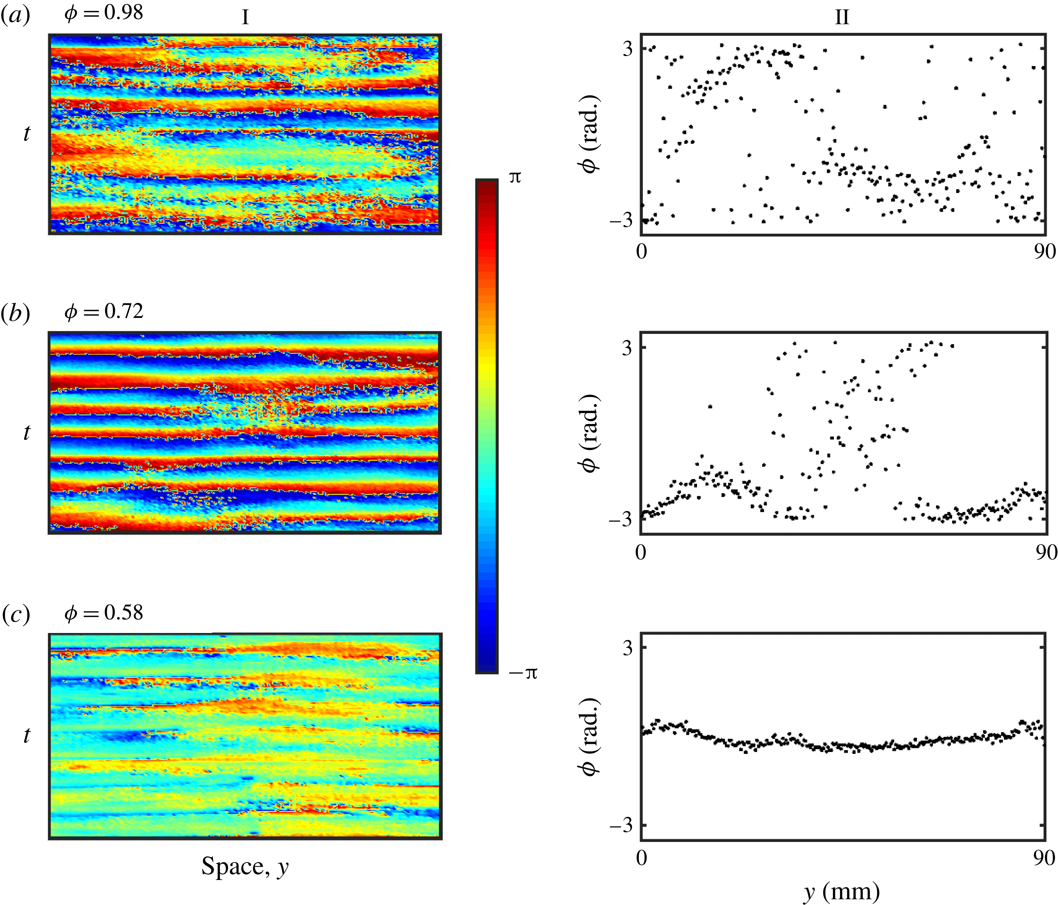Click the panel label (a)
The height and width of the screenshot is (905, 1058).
point(15,15)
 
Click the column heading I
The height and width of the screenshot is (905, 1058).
point(245,18)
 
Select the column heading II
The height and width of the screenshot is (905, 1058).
point(842,18)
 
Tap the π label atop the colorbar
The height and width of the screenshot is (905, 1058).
point(515,177)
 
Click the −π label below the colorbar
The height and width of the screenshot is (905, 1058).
point(523,673)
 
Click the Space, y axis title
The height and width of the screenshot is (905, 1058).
point(245,866)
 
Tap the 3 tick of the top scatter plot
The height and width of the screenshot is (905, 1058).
point(627,49)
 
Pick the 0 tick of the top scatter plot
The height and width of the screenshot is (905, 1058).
point(641,252)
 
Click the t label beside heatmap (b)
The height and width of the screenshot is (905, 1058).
point(27,433)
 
